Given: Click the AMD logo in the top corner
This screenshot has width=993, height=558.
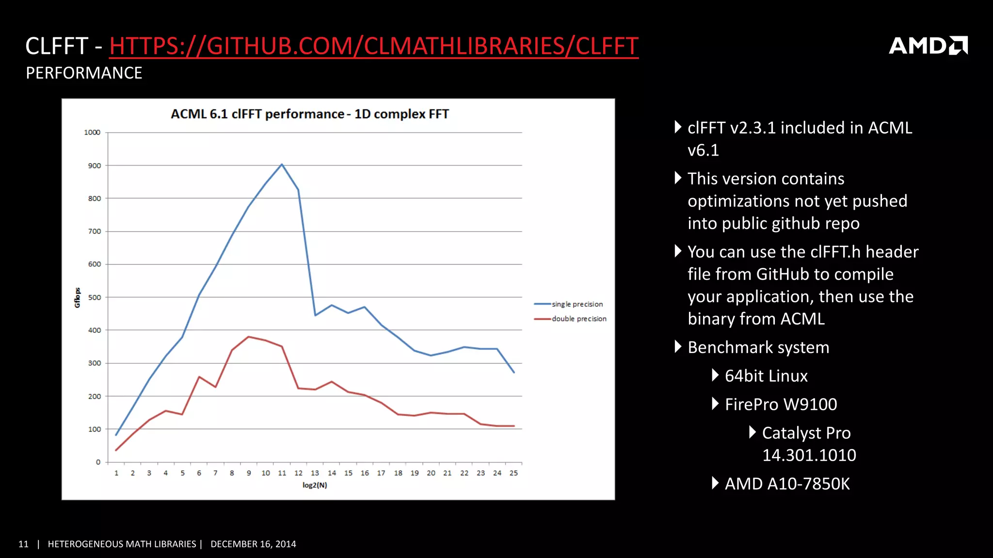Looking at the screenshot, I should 928,46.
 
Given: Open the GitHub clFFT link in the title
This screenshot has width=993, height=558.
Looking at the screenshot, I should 373,46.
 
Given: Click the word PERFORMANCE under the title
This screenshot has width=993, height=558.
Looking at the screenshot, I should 84,73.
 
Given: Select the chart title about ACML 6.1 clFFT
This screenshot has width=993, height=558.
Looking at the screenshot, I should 310,114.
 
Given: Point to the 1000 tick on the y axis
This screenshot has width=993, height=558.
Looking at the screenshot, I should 92,132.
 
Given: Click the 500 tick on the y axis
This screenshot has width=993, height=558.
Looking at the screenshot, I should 95,297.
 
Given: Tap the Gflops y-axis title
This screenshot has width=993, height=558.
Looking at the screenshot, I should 77,297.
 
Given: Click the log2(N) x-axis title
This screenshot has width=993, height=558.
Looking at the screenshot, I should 315,485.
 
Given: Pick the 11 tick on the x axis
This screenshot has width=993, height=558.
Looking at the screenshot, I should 282,473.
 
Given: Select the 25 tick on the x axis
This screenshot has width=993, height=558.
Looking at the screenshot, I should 513,473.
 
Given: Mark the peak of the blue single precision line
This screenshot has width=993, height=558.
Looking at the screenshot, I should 282,164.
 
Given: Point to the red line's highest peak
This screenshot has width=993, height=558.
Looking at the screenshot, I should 249,337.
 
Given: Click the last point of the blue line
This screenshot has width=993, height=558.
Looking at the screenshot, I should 514,372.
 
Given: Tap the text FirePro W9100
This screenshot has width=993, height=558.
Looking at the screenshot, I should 781,404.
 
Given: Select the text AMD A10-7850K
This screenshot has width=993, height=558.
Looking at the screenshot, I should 787,484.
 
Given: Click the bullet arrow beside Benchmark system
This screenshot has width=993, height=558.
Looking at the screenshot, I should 678,347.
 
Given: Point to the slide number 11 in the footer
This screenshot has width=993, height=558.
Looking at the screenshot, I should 23,544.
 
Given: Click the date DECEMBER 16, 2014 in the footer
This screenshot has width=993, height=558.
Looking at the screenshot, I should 253,544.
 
